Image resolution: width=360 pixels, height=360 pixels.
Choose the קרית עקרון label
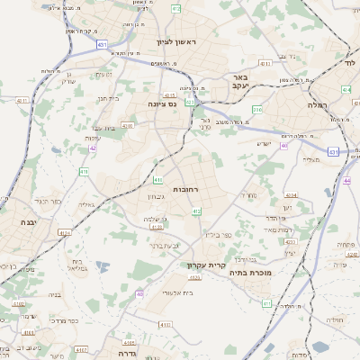(x=203, y=265)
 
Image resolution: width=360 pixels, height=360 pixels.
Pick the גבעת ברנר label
(x=165, y=244)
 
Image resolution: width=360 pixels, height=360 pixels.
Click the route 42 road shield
(x=93, y=148)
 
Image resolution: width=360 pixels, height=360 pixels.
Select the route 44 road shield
(x=346, y=181)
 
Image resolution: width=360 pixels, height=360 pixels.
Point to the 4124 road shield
(x=64, y=232)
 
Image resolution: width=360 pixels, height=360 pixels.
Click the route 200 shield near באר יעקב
(x=257, y=110)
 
